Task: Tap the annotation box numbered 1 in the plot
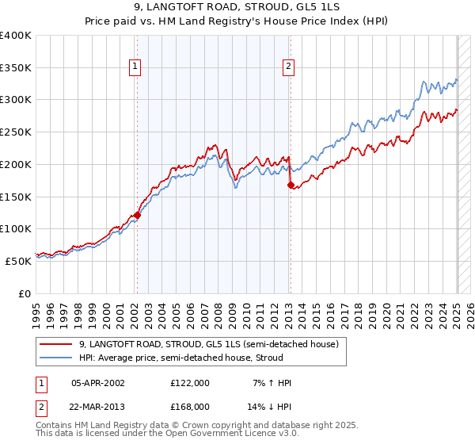(x=137, y=67)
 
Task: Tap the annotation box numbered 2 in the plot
(x=289, y=67)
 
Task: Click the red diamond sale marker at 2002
(x=137, y=214)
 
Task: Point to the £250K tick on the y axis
(x=16, y=132)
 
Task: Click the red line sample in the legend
(x=55, y=344)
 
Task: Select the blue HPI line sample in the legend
(x=55, y=358)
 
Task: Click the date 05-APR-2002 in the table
(x=97, y=383)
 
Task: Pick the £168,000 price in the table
(x=189, y=406)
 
